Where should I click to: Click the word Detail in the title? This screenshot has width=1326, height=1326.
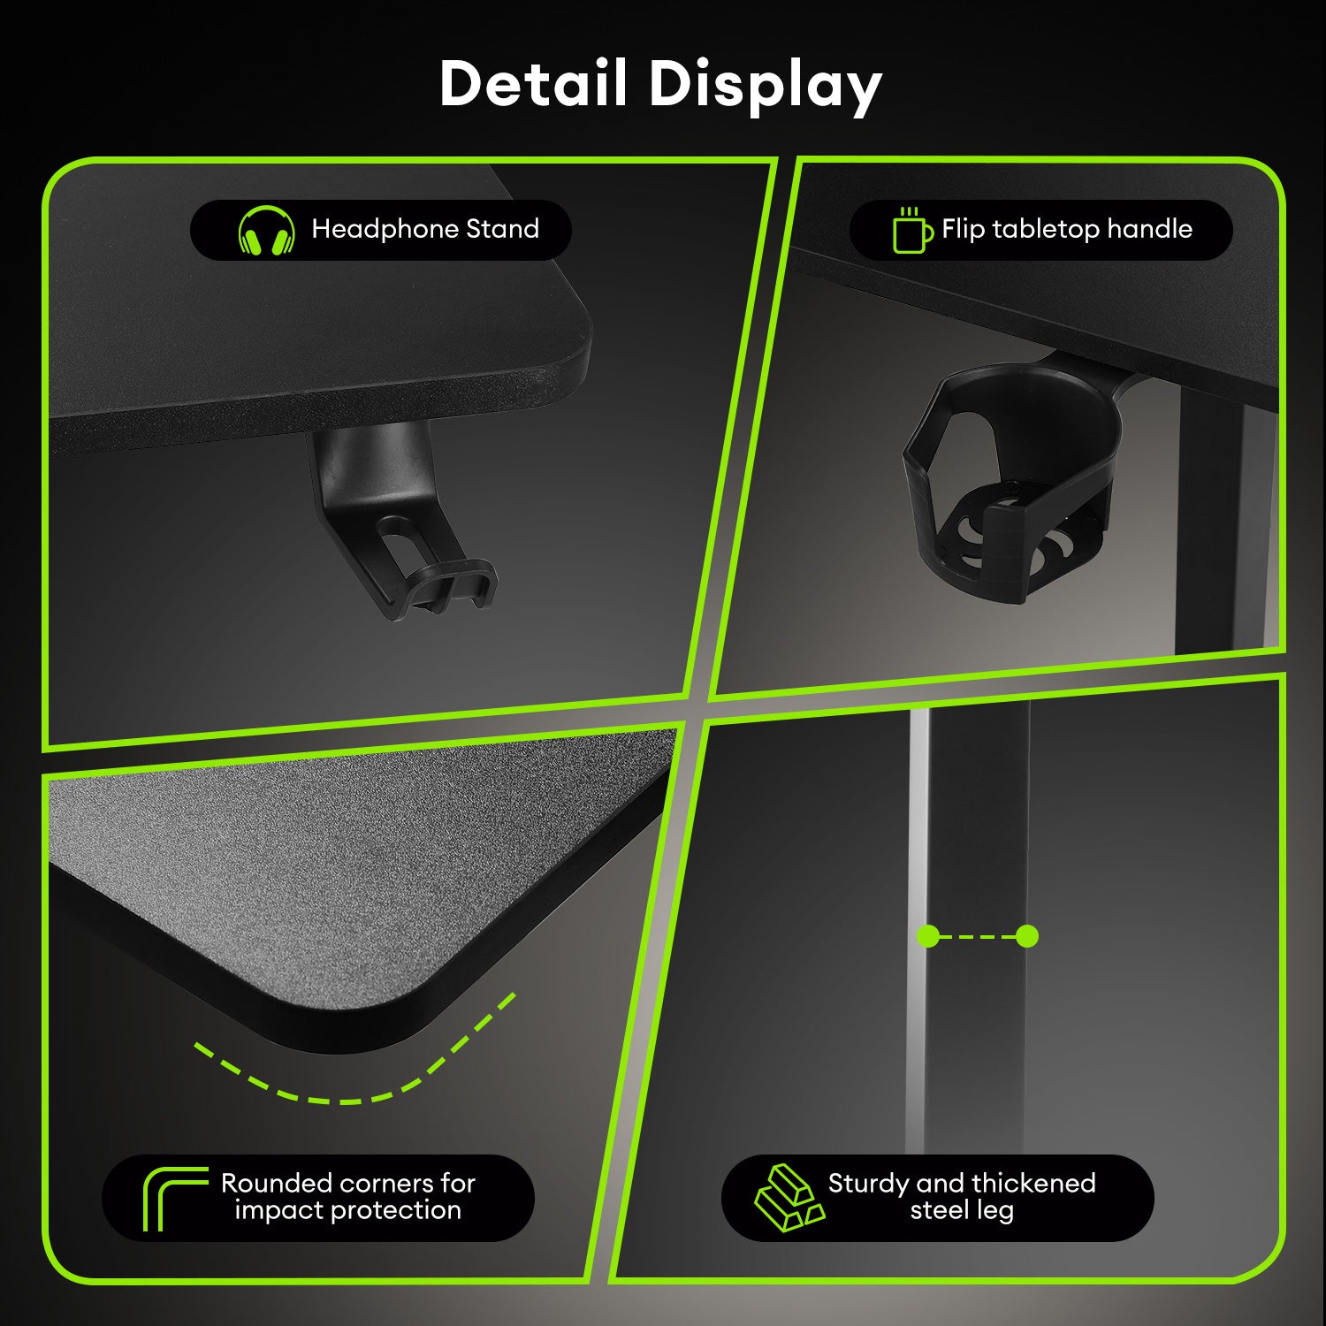pyautogui.click(x=534, y=83)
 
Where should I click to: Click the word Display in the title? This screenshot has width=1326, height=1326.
pyautogui.click(x=766, y=87)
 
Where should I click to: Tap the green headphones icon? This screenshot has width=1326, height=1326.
pyautogui.click(x=266, y=230)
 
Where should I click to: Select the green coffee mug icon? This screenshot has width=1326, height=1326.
pyautogui.click(x=911, y=230)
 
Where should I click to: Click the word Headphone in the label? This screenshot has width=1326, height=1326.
pyautogui.click(x=385, y=229)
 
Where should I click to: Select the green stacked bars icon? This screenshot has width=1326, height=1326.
pyautogui.click(x=788, y=1198)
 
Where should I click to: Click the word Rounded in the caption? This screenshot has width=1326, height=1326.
pyautogui.click(x=276, y=1183)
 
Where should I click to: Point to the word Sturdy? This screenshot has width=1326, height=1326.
pyautogui.click(x=867, y=1184)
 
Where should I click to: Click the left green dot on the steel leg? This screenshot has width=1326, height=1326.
pyautogui.click(x=928, y=936)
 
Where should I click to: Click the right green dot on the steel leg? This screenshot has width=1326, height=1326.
pyautogui.click(x=1027, y=936)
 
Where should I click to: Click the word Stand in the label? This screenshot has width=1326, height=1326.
pyautogui.click(x=502, y=229)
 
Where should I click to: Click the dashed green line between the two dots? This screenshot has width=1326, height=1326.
pyautogui.click(x=978, y=936)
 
